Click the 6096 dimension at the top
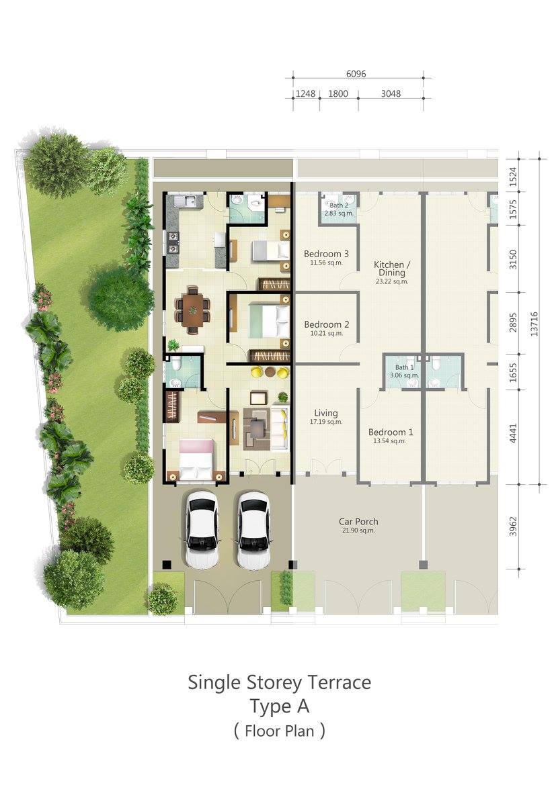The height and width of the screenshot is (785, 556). [356, 74]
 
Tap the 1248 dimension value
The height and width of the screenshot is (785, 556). [305, 93]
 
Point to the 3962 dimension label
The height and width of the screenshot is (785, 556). [512, 526]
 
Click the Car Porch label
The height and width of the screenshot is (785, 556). [358, 522]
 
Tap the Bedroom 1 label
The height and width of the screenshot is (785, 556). [391, 432]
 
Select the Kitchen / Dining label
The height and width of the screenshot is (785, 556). [392, 269]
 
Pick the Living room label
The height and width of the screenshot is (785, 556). [326, 413]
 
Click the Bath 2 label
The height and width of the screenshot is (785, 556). [339, 205]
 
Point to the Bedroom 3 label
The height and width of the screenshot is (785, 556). [326, 254]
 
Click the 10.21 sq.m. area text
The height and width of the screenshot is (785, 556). [326, 334]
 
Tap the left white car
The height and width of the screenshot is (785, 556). [202, 528]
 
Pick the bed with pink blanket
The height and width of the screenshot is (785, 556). [196, 459]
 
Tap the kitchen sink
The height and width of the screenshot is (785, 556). [188, 201]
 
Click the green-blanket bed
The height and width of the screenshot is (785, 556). [269, 321]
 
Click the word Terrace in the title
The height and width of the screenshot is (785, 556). [339, 682]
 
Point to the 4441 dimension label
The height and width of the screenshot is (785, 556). [512, 434]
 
